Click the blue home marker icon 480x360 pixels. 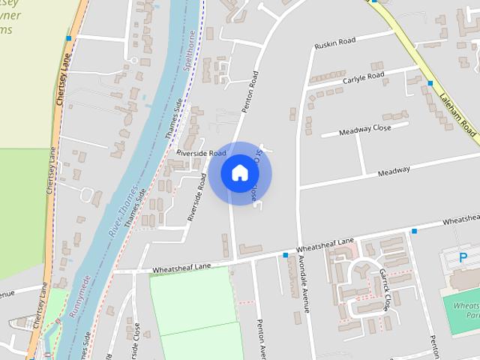point(239,172)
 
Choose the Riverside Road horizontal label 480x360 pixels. point(201,152)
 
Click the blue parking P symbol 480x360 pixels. point(463,259)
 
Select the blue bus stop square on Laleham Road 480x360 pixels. point(430,83)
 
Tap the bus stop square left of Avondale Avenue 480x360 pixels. point(285,256)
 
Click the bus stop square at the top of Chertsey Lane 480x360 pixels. point(68,37)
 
